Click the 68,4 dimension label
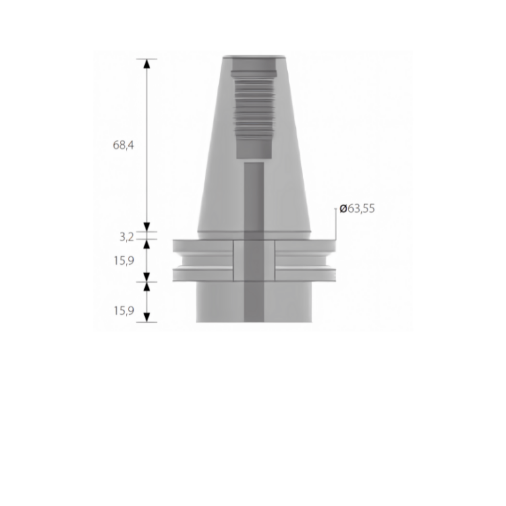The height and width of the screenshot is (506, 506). click(x=123, y=145)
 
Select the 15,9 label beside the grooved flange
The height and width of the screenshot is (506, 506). click(x=123, y=260)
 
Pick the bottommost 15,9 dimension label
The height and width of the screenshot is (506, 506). click(x=123, y=311)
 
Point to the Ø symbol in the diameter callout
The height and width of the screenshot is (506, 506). click(x=343, y=209)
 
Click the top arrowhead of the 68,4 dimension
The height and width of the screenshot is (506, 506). click(x=146, y=63)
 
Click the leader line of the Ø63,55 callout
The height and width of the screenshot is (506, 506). click(x=335, y=227)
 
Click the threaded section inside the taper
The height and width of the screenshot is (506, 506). click(x=253, y=105)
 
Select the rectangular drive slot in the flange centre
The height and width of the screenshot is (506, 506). click(x=254, y=261)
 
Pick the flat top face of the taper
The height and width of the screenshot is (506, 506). click(x=254, y=55)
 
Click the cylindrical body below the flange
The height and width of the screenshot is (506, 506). click(x=217, y=303)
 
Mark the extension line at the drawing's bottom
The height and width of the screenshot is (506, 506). click(x=146, y=322)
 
